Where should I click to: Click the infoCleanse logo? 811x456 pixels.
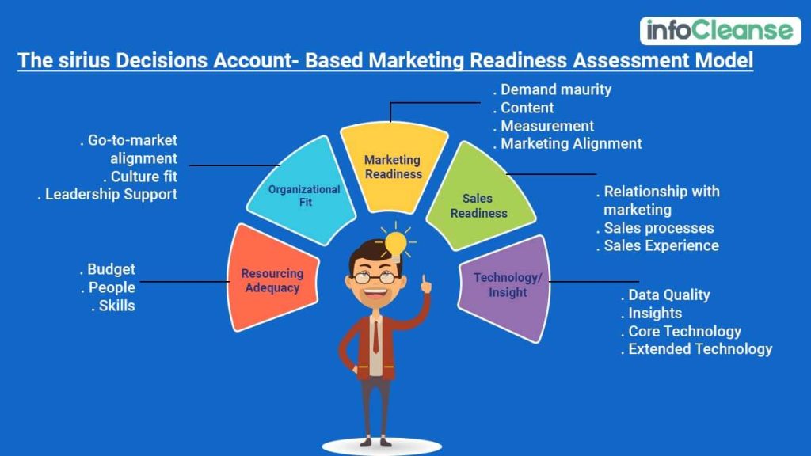[x=719, y=30]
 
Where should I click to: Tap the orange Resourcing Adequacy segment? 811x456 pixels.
[x=272, y=279]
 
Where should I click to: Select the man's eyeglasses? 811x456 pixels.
[x=375, y=276]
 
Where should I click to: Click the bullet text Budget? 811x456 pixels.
[x=111, y=269]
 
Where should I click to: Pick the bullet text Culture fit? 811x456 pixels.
[x=143, y=177]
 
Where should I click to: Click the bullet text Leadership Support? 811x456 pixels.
[x=111, y=194]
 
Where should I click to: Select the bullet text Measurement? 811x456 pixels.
[x=547, y=126]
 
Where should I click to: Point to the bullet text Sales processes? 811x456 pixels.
[x=659, y=228]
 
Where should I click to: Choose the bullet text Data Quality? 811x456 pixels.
[x=669, y=294]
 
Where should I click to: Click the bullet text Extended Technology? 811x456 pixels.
[x=700, y=348]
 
